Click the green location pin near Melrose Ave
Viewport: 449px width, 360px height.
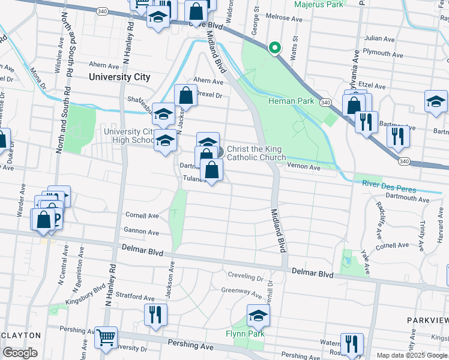pos(274,47)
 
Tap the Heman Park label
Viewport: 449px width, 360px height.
pos(291,101)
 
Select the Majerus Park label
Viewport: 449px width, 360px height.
pos(319,5)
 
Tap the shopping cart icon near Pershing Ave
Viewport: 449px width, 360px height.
pos(106,338)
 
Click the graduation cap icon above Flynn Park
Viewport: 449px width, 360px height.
pos(258,315)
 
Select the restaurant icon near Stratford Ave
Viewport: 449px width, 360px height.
pos(155,314)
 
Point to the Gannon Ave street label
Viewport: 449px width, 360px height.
pos(141,232)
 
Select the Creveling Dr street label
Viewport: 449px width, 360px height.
pos(245,278)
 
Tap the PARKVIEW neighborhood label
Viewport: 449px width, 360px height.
pos(427,320)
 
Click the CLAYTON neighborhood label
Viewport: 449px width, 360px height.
pos(20,335)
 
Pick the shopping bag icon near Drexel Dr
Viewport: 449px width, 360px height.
pos(185,96)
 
